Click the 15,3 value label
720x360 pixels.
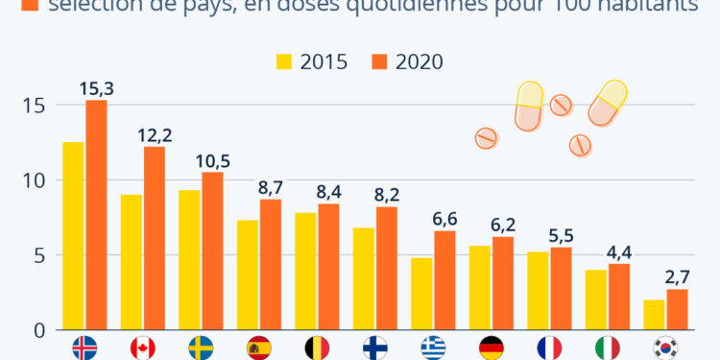(96, 88)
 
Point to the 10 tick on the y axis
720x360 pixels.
(36, 180)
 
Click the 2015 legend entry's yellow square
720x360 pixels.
(284, 61)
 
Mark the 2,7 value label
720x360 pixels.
(677, 277)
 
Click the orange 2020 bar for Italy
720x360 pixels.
(619, 297)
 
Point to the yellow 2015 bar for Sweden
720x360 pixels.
(189, 260)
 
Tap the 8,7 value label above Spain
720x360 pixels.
(271, 187)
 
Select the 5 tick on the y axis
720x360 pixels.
(39, 255)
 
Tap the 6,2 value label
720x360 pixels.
(503, 225)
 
